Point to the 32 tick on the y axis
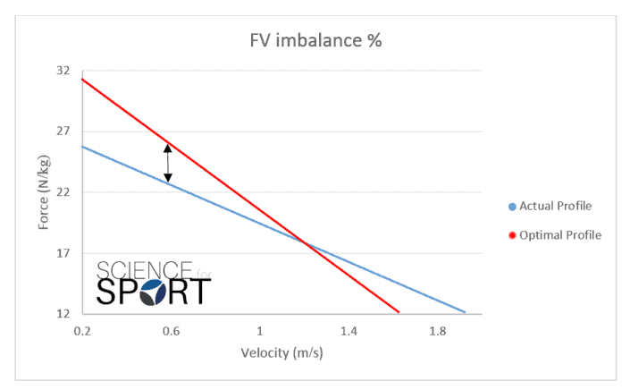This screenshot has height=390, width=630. pyautogui.click(x=63, y=70)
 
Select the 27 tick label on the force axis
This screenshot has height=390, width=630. pyautogui.click(x=63, y=131)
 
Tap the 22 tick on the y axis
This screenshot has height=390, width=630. pyautogui.click(x=63, y=192)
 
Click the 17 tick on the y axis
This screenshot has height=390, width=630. pyautogui.click(x=63, y=253)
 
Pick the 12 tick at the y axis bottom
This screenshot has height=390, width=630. pyautogui.click(x=63, y=314)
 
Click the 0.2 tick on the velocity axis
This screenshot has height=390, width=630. pyautogui.click(x=82, y=331)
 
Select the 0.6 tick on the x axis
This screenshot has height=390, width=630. pyautogui.click(x=171, y=331)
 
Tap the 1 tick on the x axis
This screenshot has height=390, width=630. pyautogui.click(x=260, y=331)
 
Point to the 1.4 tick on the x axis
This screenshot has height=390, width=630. pyautogui.click(x=349, y=331)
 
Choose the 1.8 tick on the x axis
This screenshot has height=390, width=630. pyautogui.click(x=438, y=331)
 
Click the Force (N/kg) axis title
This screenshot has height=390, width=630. pyautogui.click(x=43, y=192)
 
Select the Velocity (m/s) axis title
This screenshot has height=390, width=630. pyautogui.click(x=281, y=352)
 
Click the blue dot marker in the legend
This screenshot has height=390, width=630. pyautogui.click(x=512, y=207)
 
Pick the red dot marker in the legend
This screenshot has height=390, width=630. pyautogui.click(x=512, y=235)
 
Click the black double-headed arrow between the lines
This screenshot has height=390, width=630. pyautogui.click(x=167, y=164)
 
